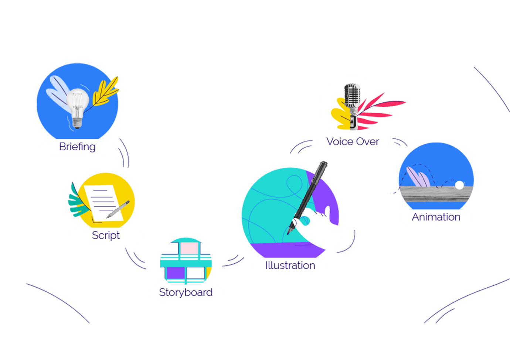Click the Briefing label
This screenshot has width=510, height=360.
(77, 147)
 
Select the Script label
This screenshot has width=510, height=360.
(106, 236)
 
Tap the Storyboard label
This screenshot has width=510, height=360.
(186, 292)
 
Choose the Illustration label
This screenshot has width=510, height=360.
(290, 265)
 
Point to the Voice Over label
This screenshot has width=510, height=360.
(353, 142)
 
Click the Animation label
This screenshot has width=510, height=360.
(436, 217)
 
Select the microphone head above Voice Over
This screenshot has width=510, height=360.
(352, 94)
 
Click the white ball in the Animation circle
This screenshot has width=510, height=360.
(459, 185)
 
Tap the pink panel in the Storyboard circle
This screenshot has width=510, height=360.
(189, 248)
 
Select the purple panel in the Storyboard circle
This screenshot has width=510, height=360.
(176, 273)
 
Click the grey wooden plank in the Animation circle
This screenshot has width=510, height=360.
(436, 194)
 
